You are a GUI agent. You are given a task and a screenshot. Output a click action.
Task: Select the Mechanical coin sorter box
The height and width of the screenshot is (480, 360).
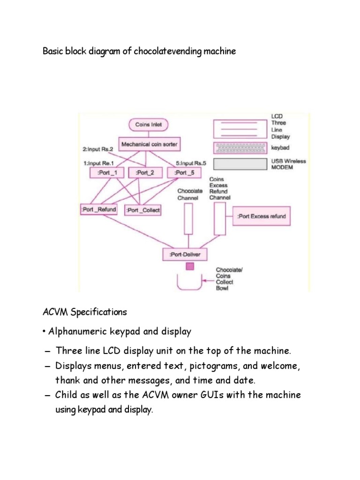150,144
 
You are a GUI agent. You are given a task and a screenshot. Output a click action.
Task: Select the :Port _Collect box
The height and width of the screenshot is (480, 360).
143,210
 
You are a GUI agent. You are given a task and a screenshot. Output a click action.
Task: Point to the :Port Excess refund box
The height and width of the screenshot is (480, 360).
261,217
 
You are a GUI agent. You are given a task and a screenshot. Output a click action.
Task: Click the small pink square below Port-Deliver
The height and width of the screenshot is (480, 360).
190,266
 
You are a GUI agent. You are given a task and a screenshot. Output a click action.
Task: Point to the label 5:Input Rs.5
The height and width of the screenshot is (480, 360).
187,163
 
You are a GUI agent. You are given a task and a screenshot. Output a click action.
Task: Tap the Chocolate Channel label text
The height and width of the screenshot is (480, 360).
190,195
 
